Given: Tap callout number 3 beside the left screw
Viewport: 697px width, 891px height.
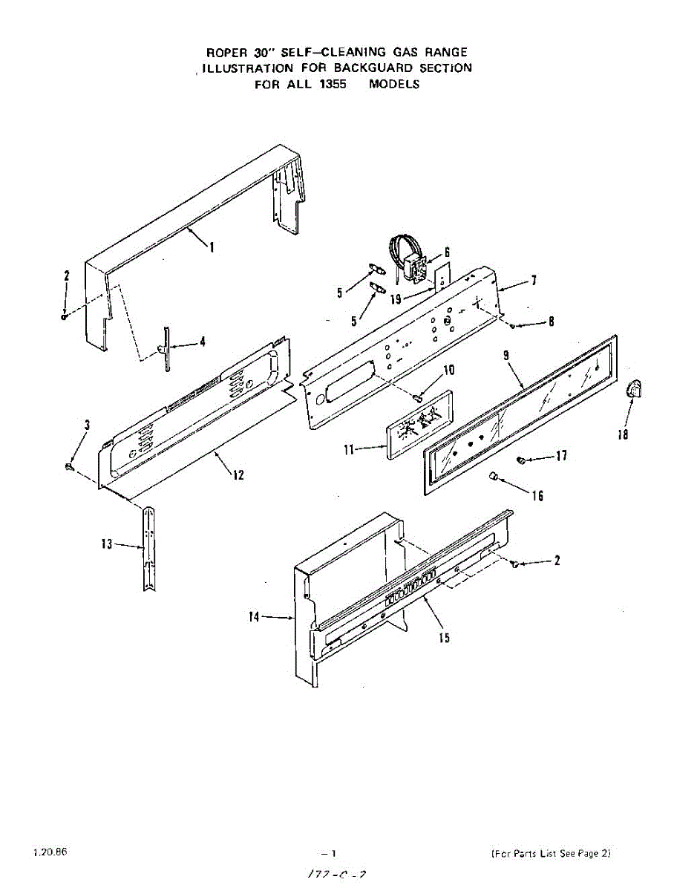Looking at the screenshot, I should coord(88,425).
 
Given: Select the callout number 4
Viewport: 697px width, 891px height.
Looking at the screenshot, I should coord(203,342).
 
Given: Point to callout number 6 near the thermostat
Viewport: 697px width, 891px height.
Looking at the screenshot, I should coord(448,252).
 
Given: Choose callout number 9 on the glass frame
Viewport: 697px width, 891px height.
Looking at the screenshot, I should coord(505,356).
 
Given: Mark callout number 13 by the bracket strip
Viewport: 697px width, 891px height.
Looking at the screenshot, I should coord(107,544).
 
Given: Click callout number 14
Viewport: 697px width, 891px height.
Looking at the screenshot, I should coord(254,616).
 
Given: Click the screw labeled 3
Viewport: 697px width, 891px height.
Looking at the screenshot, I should coord(69,466).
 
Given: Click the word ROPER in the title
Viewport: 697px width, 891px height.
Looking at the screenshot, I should coord(224,52).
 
